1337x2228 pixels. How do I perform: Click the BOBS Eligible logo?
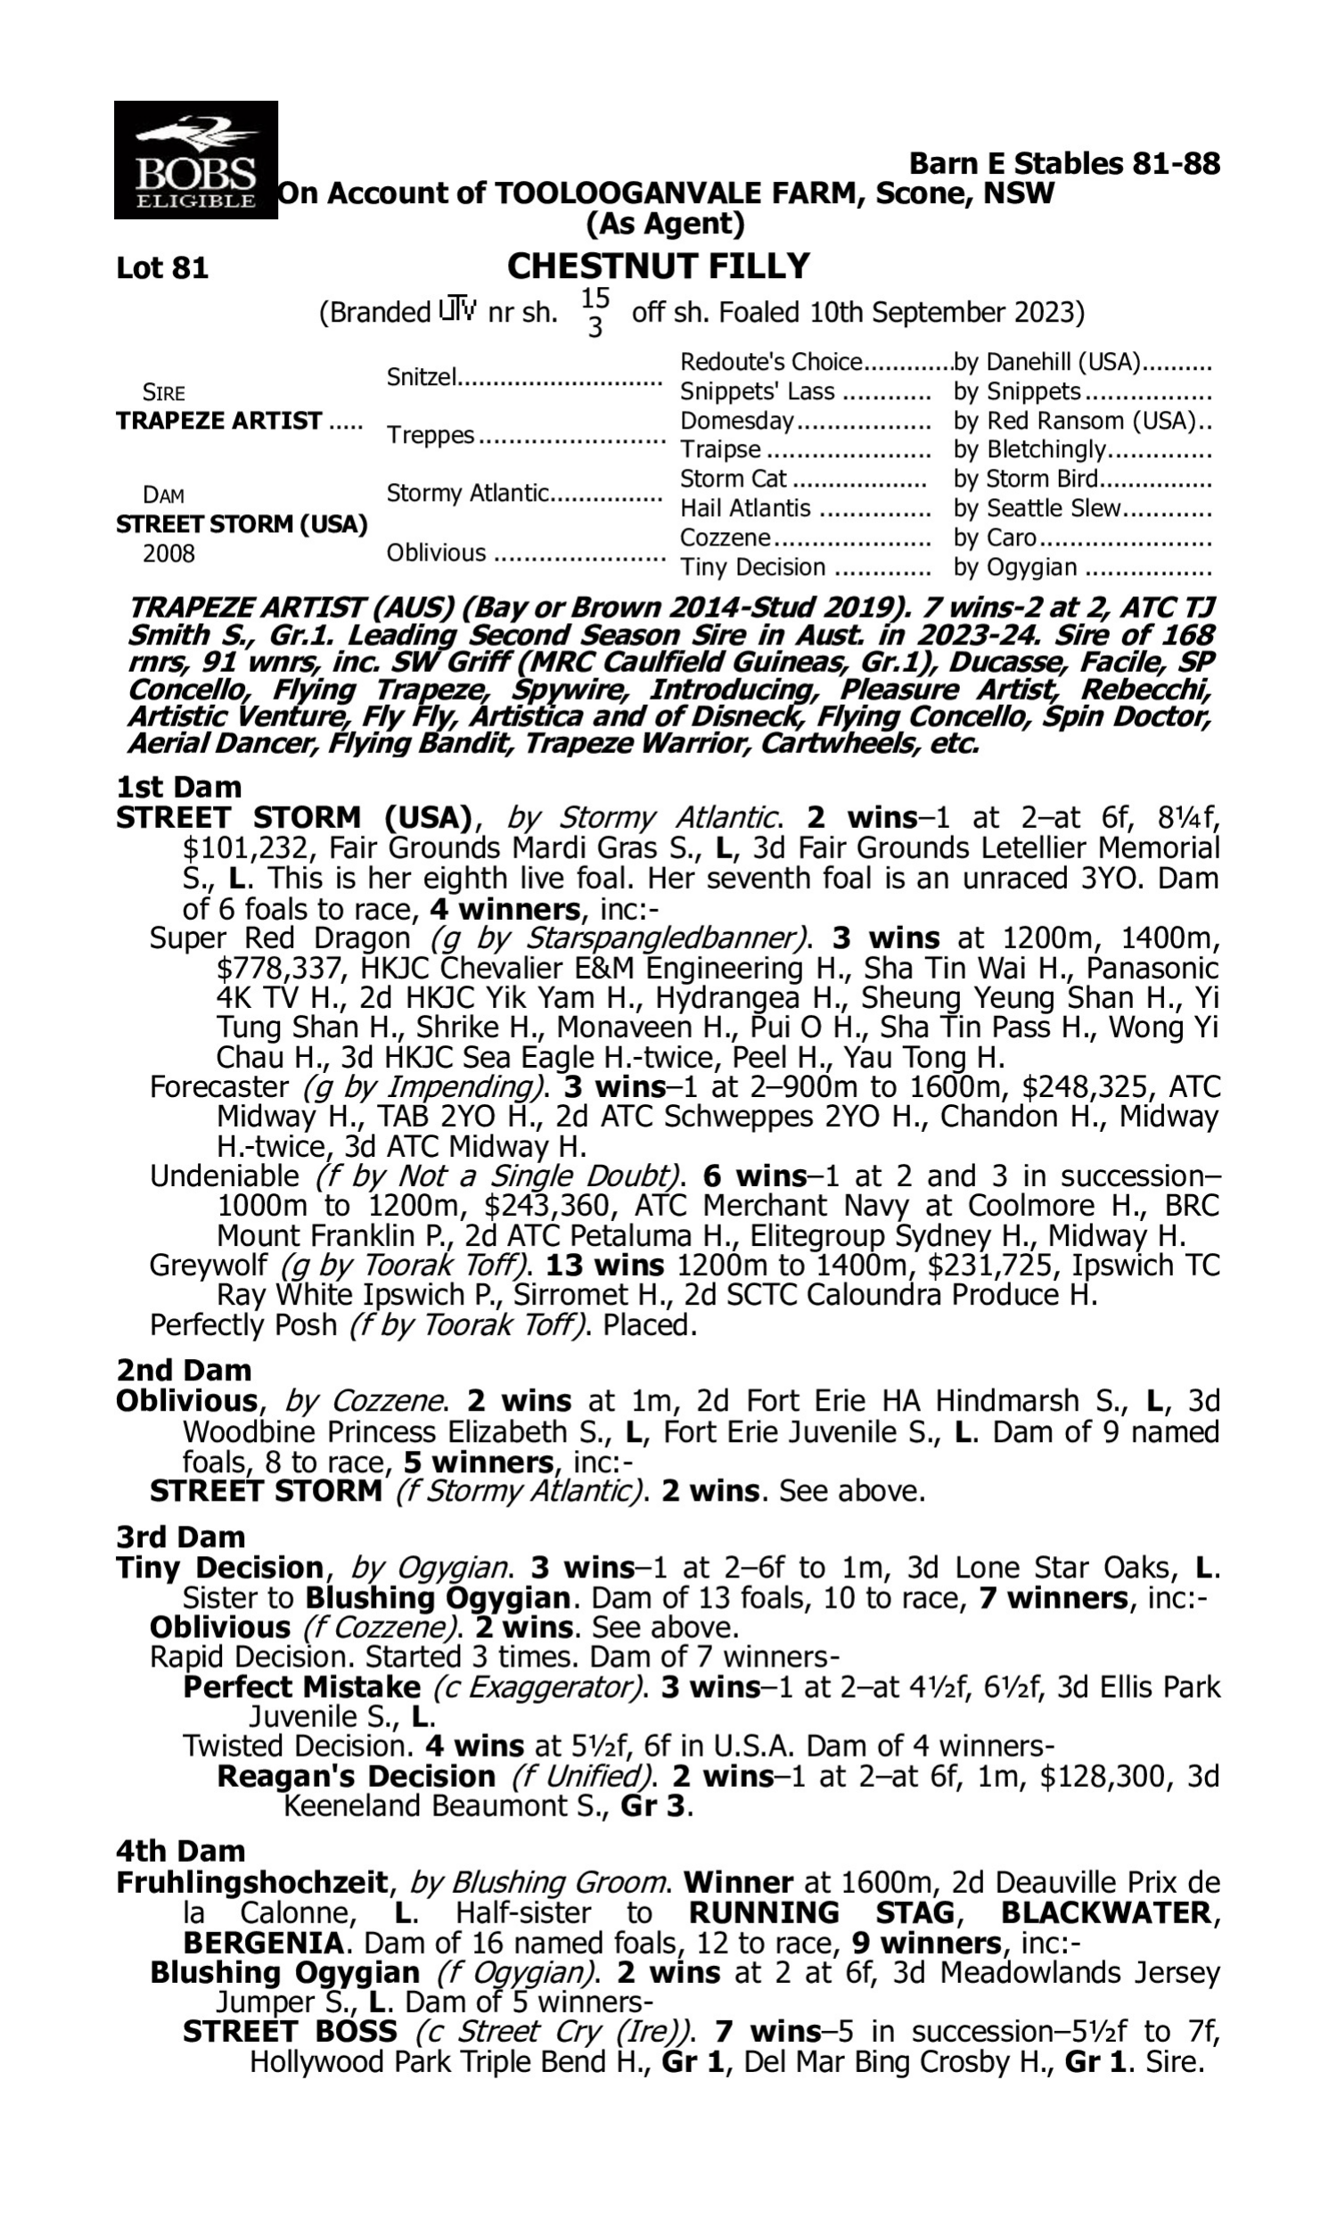[x=195, y=160]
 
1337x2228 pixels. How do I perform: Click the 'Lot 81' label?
[x=162, y=268]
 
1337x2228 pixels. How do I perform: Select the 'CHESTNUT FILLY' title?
[x=659, y=266]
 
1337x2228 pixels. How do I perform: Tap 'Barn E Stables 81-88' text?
[x=1064, y=164]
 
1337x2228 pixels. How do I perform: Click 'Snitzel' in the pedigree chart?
[x=421, y=376]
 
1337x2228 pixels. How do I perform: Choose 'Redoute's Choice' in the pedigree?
[x=771, y=362]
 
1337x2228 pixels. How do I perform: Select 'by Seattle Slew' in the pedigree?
[x=1037, y=509]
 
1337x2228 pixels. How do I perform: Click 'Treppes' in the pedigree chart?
[x=430, y=435]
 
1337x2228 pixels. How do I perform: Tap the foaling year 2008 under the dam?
[x=168, y=553]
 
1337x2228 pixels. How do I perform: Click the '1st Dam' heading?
[x=178, y=787]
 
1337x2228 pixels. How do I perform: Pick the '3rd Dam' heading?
[x=180, y=1536]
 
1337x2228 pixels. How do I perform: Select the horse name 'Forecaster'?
[x=219, y=1087]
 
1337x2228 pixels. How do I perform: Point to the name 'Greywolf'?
[x=208, y=1266]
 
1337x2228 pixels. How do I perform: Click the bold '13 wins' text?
[x=604, y=1266]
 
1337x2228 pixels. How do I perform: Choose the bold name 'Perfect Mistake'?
[x=301, y=1687]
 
